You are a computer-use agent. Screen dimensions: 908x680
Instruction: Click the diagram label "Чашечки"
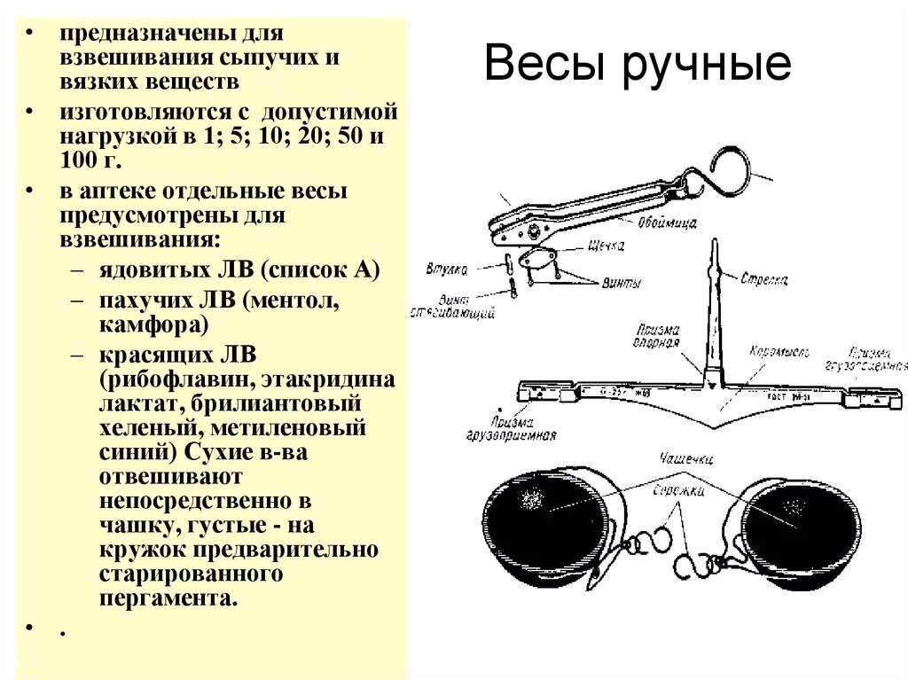point(685,458)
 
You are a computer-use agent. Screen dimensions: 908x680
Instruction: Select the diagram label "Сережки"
point(679,490)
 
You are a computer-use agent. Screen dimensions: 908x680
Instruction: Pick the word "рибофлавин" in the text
point(173,380)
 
